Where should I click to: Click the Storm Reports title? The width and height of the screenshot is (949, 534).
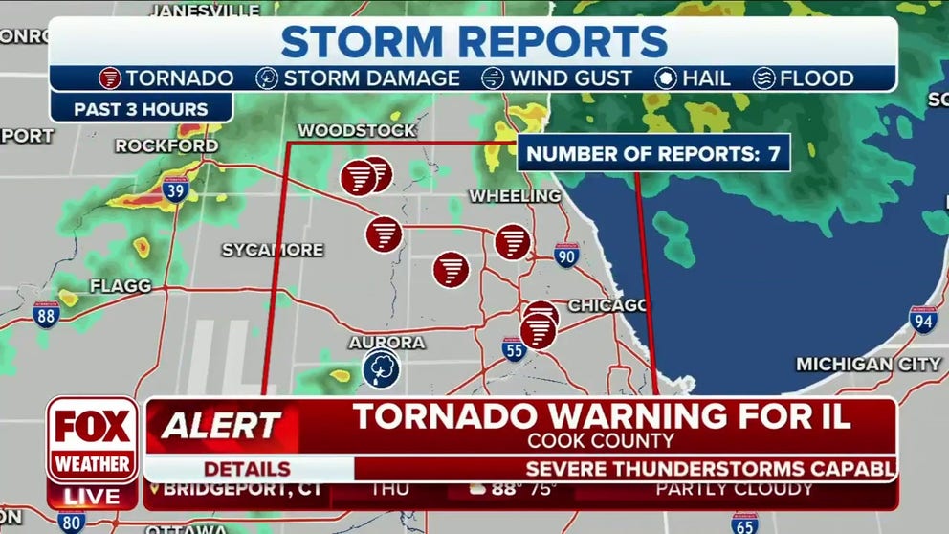[x=474, y=41]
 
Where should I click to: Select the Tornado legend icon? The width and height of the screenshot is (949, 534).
[x=111, y=78]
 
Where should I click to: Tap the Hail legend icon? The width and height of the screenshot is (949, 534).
[x=666, y=78]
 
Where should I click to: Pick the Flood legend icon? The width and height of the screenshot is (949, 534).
[x=764, y=78]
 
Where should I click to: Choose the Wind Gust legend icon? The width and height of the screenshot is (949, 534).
[x=494, y=78]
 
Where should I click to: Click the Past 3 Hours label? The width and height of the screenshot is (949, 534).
[x=141, y=108]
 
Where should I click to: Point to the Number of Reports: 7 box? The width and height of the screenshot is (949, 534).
[x=653, y=153]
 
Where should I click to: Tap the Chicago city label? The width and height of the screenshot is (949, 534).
[x=607, y=305]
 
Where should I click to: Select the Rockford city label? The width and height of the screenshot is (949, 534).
[x=166, y=145]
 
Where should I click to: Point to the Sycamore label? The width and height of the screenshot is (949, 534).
[x=273, y=250]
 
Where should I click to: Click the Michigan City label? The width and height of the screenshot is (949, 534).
[x=869, y=364]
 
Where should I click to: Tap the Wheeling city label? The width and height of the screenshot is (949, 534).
[x=515, y=196]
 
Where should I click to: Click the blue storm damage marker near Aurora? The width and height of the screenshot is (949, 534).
[x=381, y=368]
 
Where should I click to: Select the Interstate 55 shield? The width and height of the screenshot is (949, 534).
[x=514, y=349]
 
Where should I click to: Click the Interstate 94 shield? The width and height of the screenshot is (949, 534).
[x=922, y=319]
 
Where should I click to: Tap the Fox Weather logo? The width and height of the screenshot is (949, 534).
[x=92, y=439]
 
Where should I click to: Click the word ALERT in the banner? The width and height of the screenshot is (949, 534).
[x=221, y=425]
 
